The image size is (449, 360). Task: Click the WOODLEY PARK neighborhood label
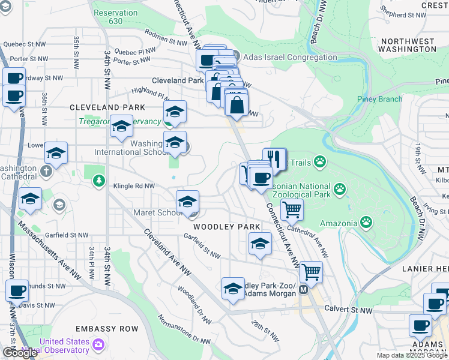pyautogui.click(x=226, y=227)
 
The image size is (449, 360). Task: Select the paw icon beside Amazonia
pyautogui.click(x=366, y=223)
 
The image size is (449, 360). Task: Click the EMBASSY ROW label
pyautogui.click(x=107, y=329)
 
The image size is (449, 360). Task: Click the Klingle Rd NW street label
pyautogui.click(x=134, y=186)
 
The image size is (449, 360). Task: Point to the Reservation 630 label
pyautogui.click(x=116, y=17)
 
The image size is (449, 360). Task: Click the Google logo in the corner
pyautogui.click(x=19, y=353)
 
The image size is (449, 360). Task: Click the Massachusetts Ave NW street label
pyautogui.click(x=50, y=251)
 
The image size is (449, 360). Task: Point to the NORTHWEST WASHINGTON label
pyautogui.click(x=406, y=46)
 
